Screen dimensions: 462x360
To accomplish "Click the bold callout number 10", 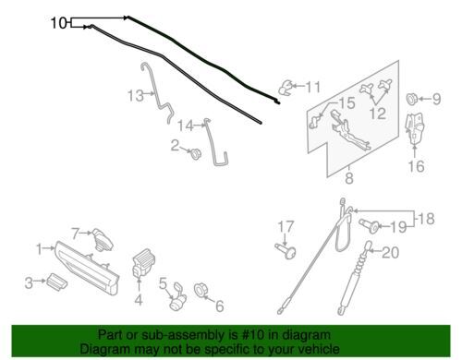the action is (58, 23).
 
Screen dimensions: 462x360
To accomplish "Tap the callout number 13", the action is (136, 95).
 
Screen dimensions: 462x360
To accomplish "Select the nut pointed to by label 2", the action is (195, 153).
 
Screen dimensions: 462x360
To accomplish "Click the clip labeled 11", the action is (286, 88).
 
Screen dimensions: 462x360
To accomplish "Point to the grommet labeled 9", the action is (412, 99).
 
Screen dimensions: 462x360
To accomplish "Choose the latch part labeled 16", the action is (415, 128).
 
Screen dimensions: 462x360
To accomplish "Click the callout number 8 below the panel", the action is (349, 178).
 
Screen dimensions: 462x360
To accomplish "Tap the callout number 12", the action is (378, 113).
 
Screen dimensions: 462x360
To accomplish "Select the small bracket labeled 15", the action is (314, 121).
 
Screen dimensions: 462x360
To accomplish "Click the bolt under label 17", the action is (286, 250).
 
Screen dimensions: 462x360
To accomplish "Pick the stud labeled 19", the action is (369, 226).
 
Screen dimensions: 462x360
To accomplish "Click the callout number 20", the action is (391, 252).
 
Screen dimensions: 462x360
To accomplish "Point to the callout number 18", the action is (426, 219).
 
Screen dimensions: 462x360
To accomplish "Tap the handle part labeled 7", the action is (103, 239).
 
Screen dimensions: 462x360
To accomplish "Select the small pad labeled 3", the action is (57, 282).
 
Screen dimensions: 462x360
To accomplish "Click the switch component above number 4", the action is (142, 262).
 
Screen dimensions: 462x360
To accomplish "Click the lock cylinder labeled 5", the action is (178, 296).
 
